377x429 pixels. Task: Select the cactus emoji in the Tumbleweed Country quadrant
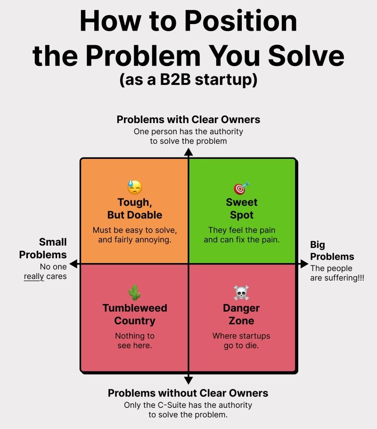(x=134, y=293)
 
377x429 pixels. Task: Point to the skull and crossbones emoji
(x=241, y=293)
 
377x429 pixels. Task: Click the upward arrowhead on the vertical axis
(x=188, y=152)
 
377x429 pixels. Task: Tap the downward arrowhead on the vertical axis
(x=188, y=380)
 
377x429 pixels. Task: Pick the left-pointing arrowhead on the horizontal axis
(x=74, y=264)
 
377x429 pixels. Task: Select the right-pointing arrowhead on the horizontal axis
(x=303, y=264)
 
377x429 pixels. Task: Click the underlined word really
(x=34, y=276)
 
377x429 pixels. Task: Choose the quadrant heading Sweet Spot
(x=242, y=208)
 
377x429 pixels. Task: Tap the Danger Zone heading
(x=241, y=314)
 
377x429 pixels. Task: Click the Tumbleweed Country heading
(x=135, y=314)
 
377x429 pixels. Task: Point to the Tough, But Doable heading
(x=134, y=208)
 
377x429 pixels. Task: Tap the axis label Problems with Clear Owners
(x=188, y=119)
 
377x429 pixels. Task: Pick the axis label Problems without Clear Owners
(x=188, y=393)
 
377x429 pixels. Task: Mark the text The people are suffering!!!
(x=336, y=273)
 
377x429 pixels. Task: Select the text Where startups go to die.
(x=241, y=341)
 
